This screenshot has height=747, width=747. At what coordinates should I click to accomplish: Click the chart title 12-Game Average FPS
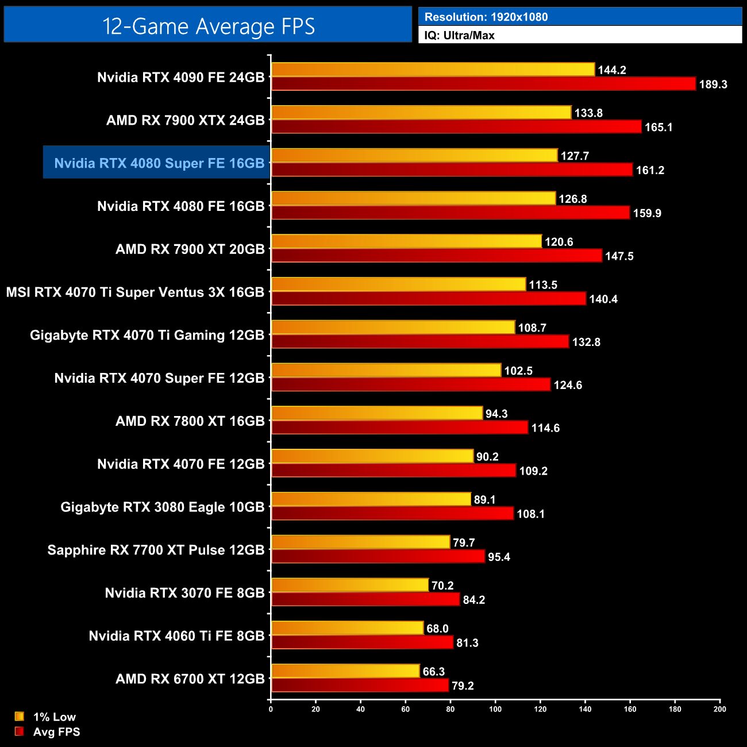(208, 26)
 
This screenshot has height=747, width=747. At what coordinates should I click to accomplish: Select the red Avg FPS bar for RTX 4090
(483, 84)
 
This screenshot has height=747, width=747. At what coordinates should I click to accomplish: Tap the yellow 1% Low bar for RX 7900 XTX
(421, 113)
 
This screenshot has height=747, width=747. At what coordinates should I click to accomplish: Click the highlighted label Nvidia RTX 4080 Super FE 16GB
(159, 163)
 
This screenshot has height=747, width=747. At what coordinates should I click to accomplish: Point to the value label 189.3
(713, 84)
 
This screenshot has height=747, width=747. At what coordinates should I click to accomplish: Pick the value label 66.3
(434, 672)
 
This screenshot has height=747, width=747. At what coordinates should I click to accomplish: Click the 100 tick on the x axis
(495, 709)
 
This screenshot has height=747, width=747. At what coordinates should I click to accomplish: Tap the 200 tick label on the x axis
(719, 709)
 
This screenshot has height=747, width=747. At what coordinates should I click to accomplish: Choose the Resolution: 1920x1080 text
(486, 17)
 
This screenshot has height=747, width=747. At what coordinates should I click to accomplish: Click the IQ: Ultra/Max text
(460, 36)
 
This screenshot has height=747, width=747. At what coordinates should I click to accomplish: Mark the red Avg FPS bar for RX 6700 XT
(360, 686)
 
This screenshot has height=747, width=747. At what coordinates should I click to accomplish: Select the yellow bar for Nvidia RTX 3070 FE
(350, 585)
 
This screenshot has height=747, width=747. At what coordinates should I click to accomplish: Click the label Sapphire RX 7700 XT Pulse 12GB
(156, 550)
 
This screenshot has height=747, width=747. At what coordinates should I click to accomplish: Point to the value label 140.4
(603, 299)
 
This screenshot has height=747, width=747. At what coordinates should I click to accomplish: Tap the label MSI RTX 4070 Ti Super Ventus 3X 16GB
(135, 292)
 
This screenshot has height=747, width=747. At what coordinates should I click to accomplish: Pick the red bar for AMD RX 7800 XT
(399, 428)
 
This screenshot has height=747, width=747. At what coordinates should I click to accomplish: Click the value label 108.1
(530, 514)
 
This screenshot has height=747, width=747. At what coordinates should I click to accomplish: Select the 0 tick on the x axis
(271, 709)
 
